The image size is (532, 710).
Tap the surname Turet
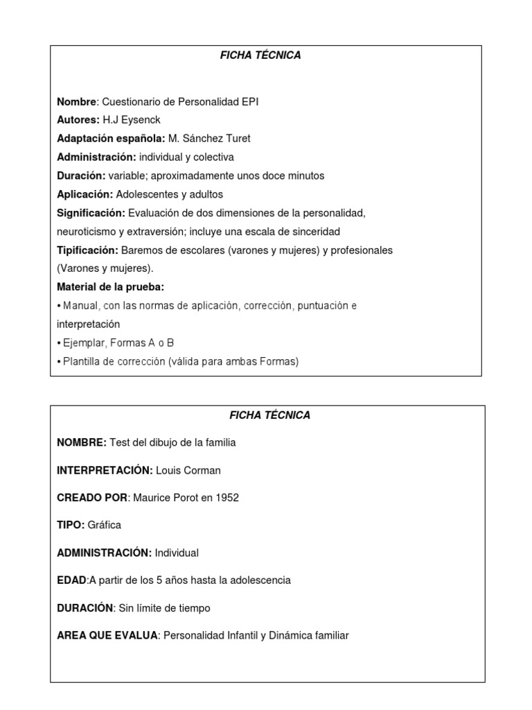pos(238,139)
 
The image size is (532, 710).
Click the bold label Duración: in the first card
pos(81,176)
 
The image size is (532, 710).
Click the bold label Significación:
pos(91,213)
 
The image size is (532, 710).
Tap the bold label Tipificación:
pos(87,250)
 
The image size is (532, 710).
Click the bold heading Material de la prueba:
pos(110,287)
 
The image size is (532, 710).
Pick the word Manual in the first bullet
pos(78,306)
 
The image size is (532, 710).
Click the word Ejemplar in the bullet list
pos(81,343)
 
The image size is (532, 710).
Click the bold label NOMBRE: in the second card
pos(82,443)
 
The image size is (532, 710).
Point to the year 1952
pos(227,498)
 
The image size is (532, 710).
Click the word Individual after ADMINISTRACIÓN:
pos(177,553)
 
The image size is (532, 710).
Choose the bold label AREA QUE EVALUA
pos(107,635)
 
